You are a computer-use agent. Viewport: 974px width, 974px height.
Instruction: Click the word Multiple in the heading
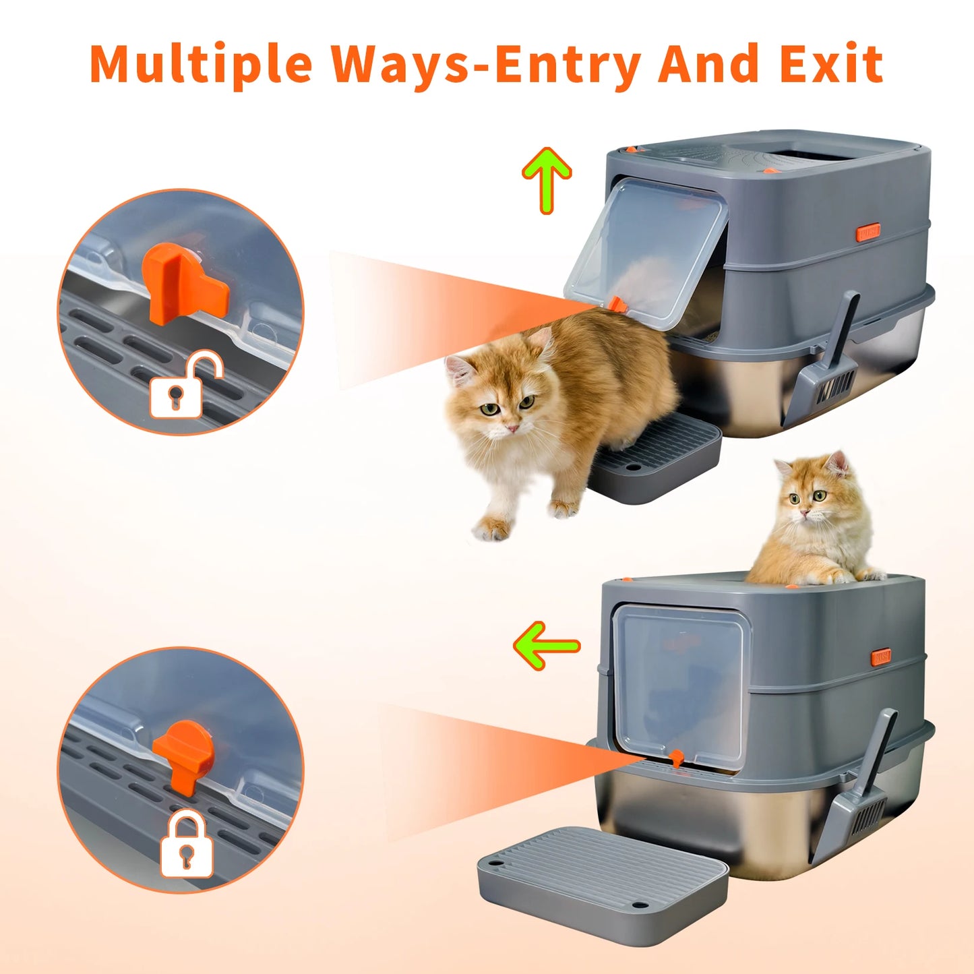(x=200, y=64)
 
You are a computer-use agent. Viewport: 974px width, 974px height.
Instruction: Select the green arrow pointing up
(x=547, y=180)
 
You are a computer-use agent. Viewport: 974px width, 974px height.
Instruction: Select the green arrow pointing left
(x=547, y=646)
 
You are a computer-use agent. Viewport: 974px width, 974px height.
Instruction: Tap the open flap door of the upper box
(x=646, y=253)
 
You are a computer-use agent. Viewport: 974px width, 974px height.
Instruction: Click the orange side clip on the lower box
(x=881, y=657)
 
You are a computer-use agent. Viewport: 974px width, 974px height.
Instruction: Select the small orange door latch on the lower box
(x=675, y=758)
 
